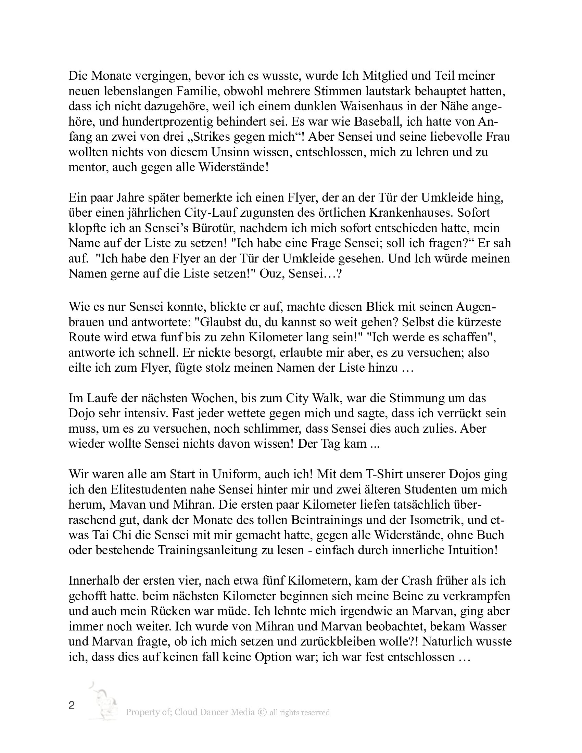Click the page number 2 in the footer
tap(72, 706)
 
